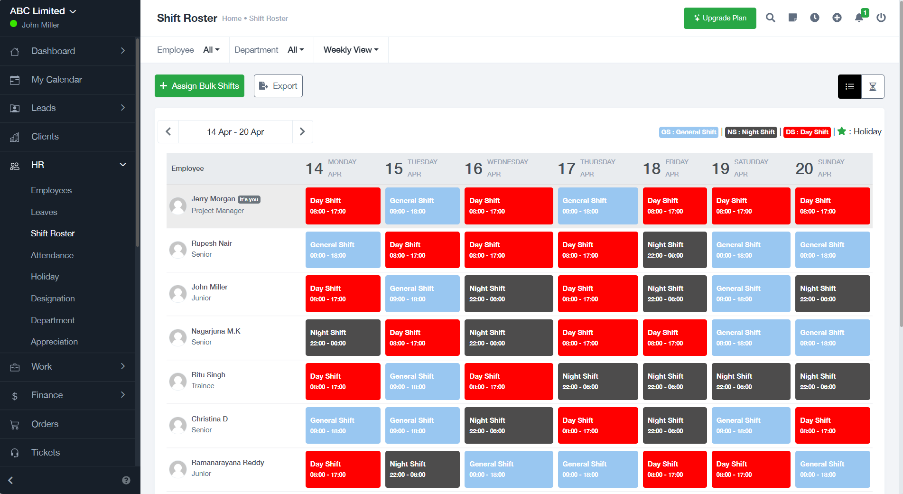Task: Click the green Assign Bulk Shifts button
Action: coord(199,86)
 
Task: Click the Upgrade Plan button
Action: coord(719,18)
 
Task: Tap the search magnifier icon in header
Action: coord(770,18)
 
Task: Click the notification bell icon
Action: coord(859,18)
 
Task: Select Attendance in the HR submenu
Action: coord(52,255)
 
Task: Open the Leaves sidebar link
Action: coord(44,212)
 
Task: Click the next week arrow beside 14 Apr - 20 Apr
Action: coord(302,131)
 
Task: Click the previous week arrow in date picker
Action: coord(168,131)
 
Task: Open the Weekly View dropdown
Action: coord(351,50)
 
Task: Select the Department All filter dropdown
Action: coord(295,50)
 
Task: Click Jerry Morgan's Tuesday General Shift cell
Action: coord(422,206)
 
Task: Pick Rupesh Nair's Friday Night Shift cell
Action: coord(674,250)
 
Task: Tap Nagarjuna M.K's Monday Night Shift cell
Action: coord(343,338)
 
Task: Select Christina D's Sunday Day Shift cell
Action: coord(832,426)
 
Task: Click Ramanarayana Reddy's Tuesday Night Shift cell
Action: coord(422,469)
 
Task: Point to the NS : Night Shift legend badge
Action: coord(751,132)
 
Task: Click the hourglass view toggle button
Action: coord(872,86)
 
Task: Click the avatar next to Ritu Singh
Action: coord(178,381)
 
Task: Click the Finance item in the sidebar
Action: coord(47,395)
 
